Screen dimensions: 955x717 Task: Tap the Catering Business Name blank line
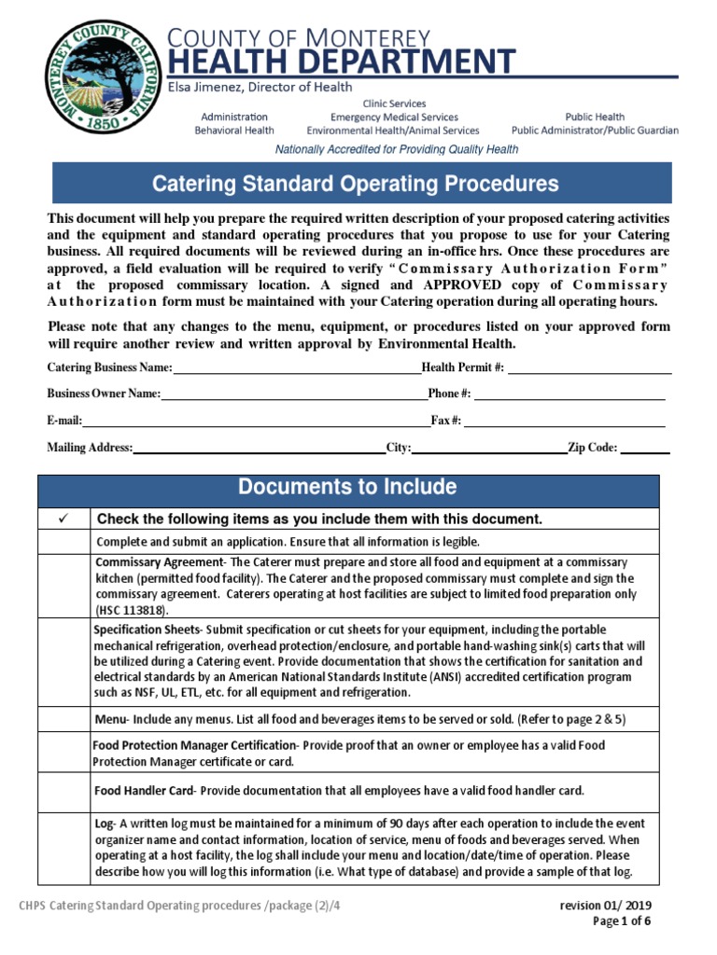click(x=297, y=369)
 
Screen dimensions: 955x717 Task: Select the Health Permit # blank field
click(x=589, y=369)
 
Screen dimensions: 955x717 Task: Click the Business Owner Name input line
click(x=294, y=395)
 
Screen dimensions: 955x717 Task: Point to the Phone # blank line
click(x=569, y=395)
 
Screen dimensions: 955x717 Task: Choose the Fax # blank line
click(x=565, y=422)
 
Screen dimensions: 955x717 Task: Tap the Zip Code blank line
click(x=645, y=449)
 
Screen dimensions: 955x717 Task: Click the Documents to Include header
click(x=347, y=488)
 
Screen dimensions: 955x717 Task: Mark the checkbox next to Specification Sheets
click(x=64, y=662)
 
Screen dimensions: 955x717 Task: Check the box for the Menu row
click(x=64, y=719)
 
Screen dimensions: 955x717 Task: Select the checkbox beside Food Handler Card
click(x=64, y=791)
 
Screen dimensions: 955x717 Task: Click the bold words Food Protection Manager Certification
click(x=193, y=746)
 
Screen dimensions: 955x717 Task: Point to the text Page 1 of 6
click(x=622, y=921)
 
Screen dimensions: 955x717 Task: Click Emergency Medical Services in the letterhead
click(x=394, y=118)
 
